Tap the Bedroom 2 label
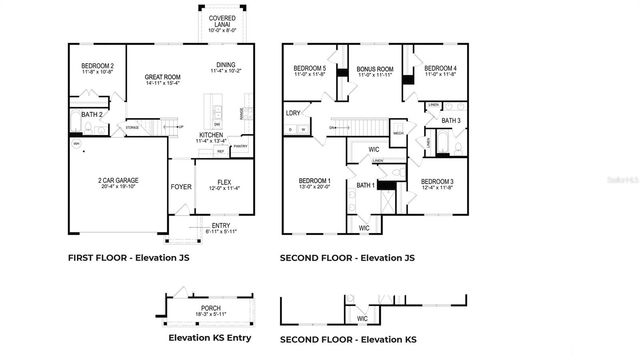[97, 67]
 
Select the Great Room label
[160, 78]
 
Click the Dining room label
[224, 66]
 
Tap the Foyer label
[181, 186]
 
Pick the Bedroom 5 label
[310, 69]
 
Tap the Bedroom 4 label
[440, 69]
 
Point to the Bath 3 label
[451, 121]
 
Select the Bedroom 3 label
[437, 183]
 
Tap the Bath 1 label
[365, 185]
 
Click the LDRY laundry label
[293, 113]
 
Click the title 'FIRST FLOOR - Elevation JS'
[128, 258]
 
